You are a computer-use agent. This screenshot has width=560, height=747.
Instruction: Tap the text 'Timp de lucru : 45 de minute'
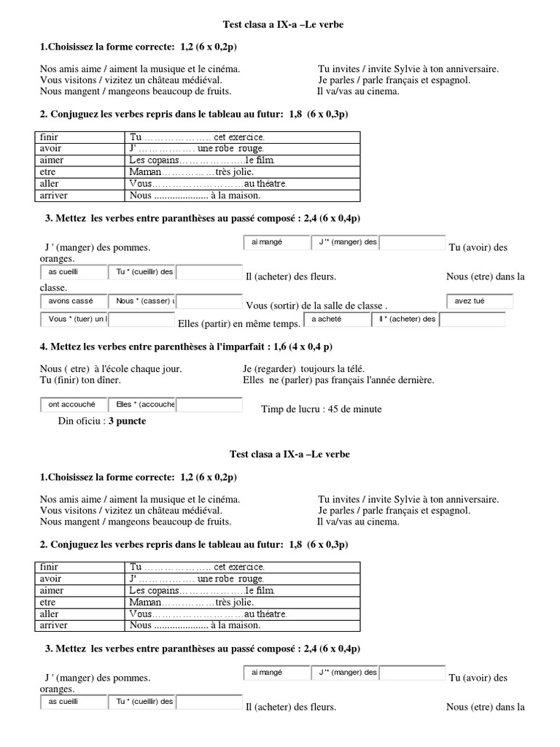[321, 409]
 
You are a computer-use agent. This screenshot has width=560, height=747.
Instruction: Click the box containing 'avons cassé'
[73, 301]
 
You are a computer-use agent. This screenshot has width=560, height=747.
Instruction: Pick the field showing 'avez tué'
[480, 301]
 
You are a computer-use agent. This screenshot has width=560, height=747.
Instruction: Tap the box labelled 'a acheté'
[338, 319]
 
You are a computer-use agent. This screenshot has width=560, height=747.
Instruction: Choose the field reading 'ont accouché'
[73, 404]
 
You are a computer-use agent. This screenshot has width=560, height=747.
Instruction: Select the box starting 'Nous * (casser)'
[143, 301]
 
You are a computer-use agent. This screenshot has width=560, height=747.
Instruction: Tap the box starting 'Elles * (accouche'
[143, 404]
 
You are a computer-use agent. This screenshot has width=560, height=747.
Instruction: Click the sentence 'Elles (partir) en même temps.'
[238, 323]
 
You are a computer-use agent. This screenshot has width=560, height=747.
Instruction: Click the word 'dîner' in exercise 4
[109, 380]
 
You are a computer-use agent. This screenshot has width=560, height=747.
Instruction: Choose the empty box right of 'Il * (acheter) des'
[472, 319]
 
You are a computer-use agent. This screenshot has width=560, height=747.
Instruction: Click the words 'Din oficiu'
[80, 421]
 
